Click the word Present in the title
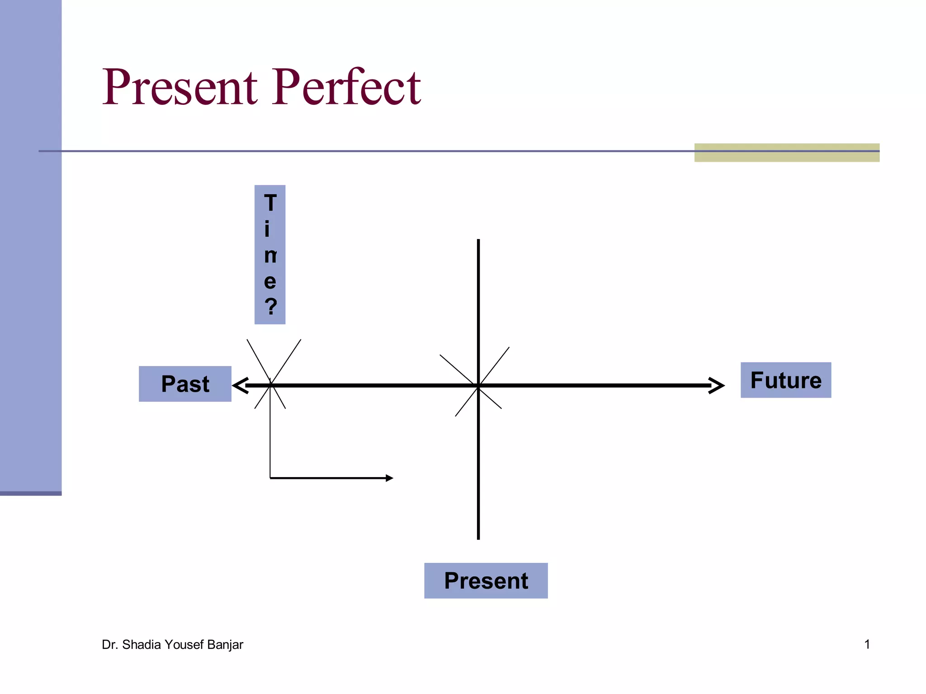pos(180,87)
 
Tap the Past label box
pos(185,384)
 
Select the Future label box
pos(785,380)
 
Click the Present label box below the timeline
pos(486,581)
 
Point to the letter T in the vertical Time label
pos(270,203)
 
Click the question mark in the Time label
pos(270,306)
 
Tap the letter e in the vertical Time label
pos(270,281)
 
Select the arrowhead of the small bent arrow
pos(389,478)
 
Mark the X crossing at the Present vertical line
pos(478,385)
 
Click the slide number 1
pos(867,644)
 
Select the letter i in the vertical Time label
pos(267,229)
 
